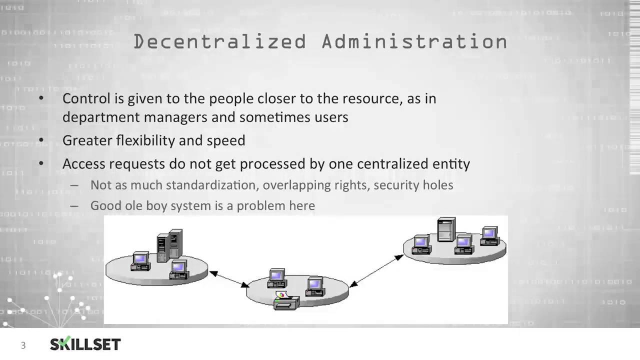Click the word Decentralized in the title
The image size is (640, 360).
[219, 41]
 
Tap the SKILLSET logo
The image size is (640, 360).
[85, 344]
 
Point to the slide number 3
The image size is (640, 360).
[23, 345]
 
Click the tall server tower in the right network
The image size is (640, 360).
[446, 229]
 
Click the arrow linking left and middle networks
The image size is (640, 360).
[229, 279]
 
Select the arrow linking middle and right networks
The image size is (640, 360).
[376, 270]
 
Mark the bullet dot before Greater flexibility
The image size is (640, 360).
[41, 140]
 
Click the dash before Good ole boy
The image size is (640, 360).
[74, 205]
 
